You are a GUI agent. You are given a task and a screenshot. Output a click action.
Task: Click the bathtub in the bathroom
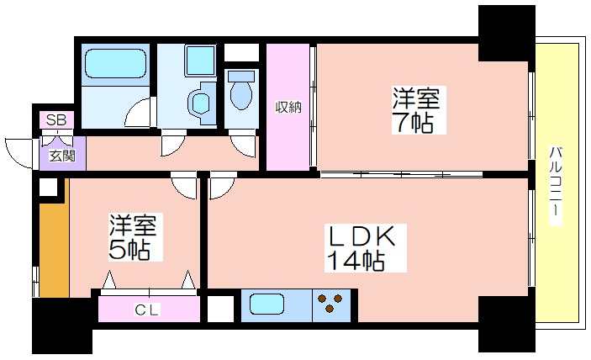[x=115, y=63]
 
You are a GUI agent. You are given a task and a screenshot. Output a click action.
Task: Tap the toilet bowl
[x=240, y=90]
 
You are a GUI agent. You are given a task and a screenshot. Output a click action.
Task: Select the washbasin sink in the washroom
[x=201, y=103]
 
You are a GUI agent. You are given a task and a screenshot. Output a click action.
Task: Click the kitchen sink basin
[x=266, y=304]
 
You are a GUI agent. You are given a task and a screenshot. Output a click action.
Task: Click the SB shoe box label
[x=56, y=120]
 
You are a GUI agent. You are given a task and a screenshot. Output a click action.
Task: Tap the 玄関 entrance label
[x=62, y=156]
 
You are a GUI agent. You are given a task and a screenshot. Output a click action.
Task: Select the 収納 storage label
[x=288, y=108]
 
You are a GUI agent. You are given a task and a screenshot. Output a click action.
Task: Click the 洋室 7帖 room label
[x=416, y=109]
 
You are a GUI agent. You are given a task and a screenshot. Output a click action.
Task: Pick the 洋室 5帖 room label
[x=134, y=237]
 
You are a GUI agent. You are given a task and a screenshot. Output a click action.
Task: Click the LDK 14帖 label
[x=365, y=248]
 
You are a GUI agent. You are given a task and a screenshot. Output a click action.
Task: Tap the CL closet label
[x=147, y=310]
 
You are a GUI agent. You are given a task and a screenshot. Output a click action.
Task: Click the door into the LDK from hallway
[x=223, y=185]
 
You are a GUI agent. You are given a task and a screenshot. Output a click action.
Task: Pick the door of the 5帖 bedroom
[x=184, y=185]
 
